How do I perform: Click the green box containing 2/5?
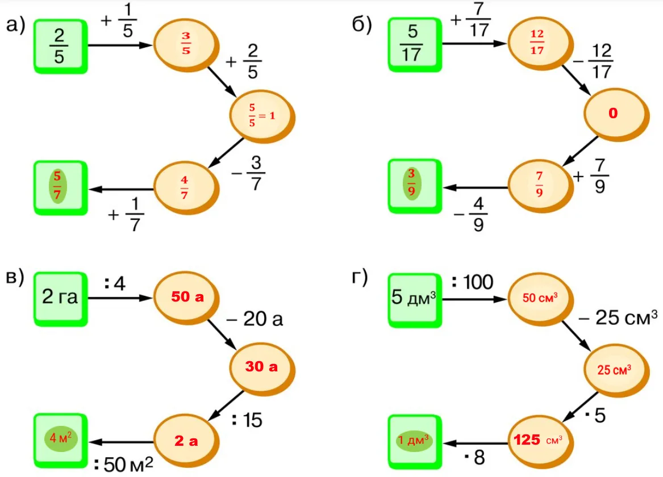click(60, 45)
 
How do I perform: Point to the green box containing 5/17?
click(414, 45)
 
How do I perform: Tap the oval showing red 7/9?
click(539, 187)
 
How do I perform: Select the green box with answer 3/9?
click(414, 187)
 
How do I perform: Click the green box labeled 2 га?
click(60, 298)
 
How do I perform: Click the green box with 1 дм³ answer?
click(414, 440)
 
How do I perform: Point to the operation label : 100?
click(473, 282)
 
